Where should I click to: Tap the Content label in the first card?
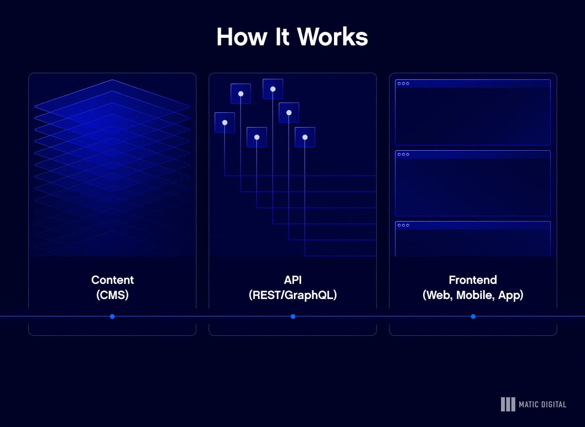click(112, 280)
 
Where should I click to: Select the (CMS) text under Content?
click(112, 295)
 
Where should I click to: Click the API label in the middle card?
click(292, 280)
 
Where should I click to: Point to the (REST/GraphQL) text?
click(292, 295)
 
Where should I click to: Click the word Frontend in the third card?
click(473, 280)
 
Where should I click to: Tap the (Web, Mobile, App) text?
click(473, 295)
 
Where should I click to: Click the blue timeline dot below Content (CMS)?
click(112, 316)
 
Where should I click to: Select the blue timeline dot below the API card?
click(293, 316)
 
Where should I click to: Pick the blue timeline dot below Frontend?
click(473, 316)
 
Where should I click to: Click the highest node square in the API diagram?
click(273, 89)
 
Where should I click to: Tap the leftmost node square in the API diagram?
click(225, 122)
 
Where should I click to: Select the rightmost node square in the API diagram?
click(305, 137)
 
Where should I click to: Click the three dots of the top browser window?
click(403, 84)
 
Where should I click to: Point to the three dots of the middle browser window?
click(403, 154)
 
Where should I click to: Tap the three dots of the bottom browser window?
click(403, 225)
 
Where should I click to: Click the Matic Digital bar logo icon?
click(508, 404)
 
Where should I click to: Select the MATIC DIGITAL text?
click(543, 404)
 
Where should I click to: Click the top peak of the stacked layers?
click(112, 81)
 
